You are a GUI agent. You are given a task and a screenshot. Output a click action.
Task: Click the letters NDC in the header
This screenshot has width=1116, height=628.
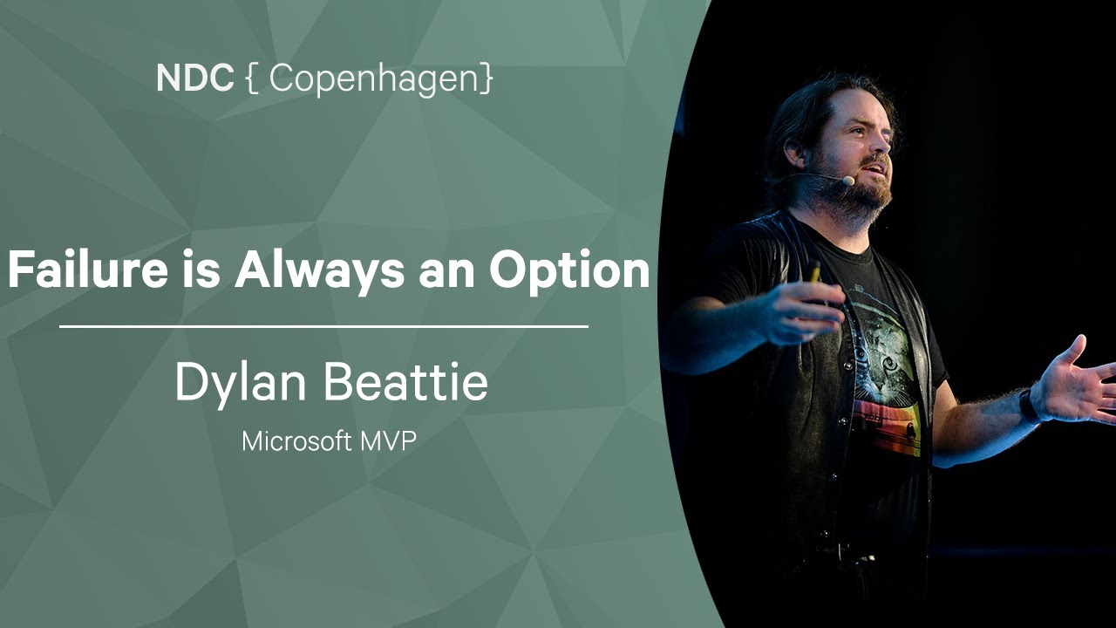point(194,78)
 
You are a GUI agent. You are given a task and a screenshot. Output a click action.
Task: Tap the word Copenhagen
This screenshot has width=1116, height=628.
point(375,79)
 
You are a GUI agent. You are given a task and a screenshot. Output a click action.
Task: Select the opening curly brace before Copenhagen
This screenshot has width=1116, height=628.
point(252,78)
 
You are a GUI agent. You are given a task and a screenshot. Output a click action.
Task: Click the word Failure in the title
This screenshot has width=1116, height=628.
point(89,270)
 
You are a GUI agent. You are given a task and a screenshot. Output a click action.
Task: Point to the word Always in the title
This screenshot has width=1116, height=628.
point(319,270)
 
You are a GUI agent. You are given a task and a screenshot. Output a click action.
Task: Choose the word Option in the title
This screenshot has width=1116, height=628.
point(569,271)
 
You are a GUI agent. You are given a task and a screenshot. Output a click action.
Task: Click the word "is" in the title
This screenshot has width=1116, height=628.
point(201,270)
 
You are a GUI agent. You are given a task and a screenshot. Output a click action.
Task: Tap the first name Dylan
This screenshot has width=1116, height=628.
point(241,383)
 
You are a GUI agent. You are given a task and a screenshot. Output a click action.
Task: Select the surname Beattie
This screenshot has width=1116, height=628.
point(406,381)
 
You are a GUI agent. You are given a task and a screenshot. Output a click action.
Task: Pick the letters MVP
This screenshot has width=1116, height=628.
point(389,441)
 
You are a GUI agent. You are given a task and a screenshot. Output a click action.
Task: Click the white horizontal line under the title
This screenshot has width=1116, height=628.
point(323,327)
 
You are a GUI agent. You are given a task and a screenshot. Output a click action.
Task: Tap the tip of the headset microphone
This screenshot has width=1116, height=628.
point(848,181)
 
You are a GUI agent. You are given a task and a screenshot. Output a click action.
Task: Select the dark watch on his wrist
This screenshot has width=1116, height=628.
point(1028,406)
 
